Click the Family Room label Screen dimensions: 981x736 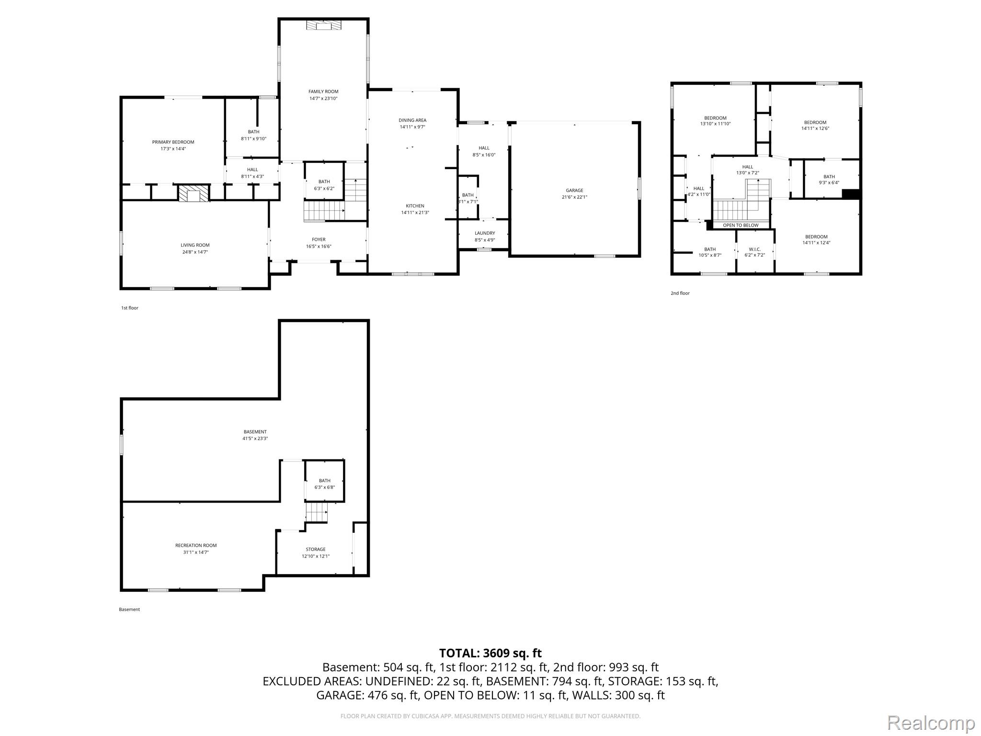tap(324, 92)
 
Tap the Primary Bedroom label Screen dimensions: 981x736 tap(173, 142)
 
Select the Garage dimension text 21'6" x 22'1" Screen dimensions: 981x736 tap(574, 197)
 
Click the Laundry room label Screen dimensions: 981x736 tap(485, 233)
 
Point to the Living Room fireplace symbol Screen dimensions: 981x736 tap(194, 193)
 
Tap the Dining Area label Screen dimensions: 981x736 tap(412, 120)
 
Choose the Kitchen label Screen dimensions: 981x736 tap(415, 206)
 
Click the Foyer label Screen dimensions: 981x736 tap(319, 240)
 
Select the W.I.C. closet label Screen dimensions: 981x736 tap(754, 249)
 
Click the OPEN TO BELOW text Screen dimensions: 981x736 tap(741, 225)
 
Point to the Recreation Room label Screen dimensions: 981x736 tap(196, 545)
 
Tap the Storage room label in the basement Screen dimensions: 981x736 tap(316, 550)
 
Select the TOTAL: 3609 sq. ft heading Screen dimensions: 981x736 tap(490, 653)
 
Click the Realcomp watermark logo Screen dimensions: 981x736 tap(931, 723)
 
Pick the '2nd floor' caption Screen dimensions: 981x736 tap(680, 293)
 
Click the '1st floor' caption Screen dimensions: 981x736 tap(129, 308)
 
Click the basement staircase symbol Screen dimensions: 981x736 tap(317, 513)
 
